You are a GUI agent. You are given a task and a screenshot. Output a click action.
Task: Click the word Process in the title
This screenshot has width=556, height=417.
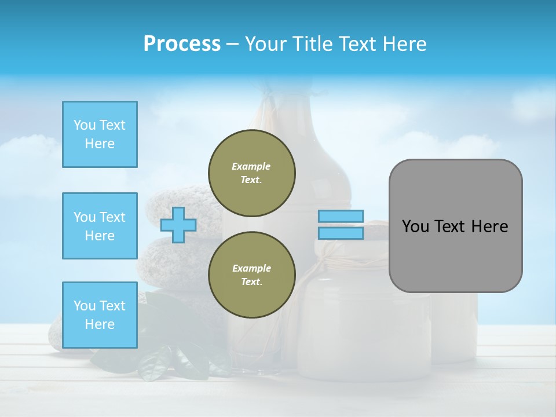click(182, 44)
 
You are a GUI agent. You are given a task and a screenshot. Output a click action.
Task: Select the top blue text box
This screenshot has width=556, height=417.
click(100, 134)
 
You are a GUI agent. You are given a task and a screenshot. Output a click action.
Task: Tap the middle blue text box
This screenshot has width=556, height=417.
click(100, 226)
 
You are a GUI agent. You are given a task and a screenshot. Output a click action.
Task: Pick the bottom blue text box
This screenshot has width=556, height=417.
click(100, 315)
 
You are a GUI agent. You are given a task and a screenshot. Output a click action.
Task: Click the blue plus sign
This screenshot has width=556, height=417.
click(178, 225)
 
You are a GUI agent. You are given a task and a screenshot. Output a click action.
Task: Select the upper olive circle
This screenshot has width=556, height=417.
click(252, 173)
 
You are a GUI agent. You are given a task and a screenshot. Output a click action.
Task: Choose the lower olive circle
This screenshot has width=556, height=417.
click(252, 275)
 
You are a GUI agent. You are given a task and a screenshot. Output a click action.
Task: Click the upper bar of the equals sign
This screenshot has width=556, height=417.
click(341, 217)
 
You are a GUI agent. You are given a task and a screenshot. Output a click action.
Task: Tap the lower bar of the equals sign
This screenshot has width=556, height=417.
click(341, 233)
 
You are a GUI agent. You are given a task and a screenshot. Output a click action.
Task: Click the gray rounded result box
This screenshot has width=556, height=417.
click(455, 255)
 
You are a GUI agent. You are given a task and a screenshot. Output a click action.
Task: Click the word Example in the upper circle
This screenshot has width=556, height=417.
click(251, 166)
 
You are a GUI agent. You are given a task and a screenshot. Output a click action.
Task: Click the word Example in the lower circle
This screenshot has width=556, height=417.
click(251, 268)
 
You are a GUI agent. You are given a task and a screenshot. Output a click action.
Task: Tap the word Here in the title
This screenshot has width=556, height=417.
click(404, 44)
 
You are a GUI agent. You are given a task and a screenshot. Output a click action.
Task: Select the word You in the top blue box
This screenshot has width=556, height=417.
click(84, 125)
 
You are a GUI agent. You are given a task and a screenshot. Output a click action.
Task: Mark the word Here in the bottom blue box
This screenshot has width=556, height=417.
click(100, 324)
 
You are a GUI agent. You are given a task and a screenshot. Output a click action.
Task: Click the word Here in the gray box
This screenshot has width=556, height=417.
click(489, 226)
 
